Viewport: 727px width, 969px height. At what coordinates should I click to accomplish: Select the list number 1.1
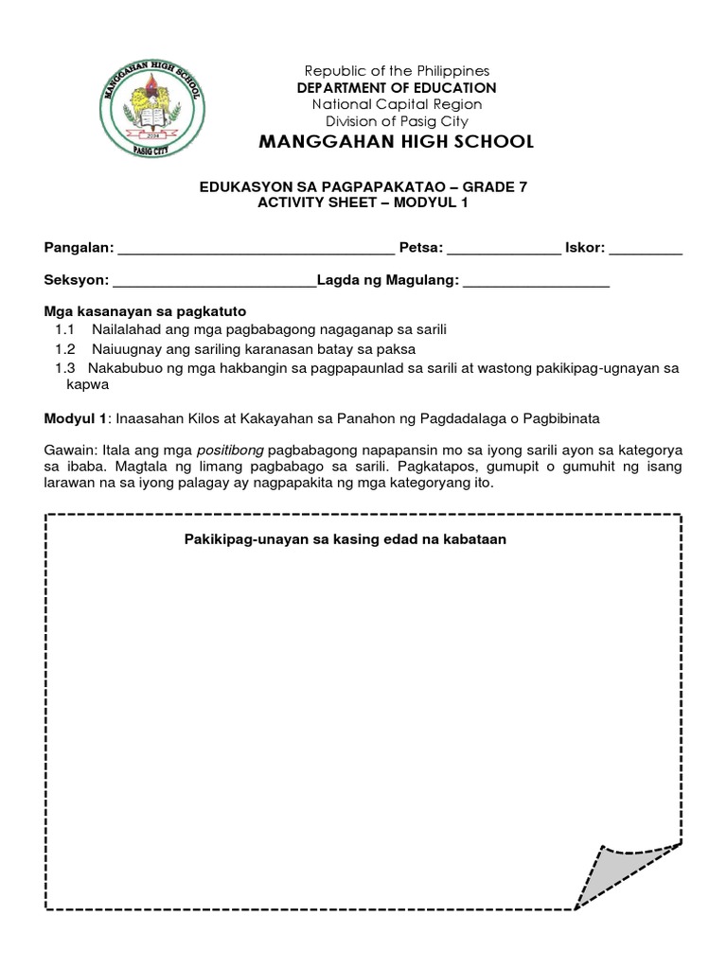[64, 329]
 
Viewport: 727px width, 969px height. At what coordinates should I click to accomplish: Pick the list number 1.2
[64, 348]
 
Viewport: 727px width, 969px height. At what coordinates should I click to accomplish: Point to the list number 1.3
[64, 367]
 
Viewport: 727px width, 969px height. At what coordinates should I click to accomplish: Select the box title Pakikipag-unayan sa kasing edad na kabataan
[346, 540]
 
